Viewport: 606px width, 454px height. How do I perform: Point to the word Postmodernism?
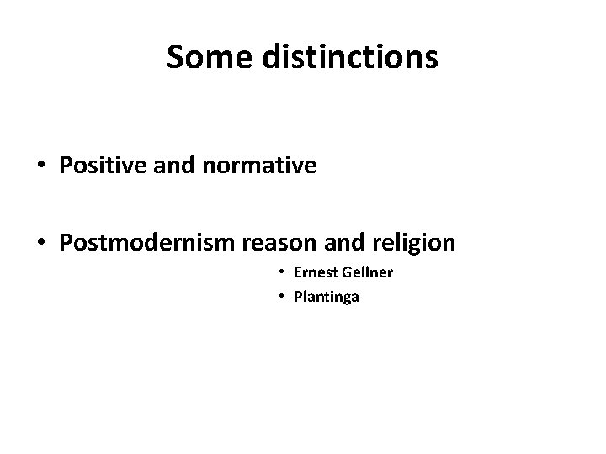click(147, 243)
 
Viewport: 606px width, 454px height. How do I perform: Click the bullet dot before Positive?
click(42, 166)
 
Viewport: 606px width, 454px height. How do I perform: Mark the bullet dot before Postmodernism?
click(42, 244)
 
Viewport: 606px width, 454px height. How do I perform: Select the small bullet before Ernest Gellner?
click(283, 274)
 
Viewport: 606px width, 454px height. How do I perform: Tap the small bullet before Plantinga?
click(283, 296)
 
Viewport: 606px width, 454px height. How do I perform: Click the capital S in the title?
click(175, 57)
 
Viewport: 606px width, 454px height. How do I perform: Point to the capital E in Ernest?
click(297, 273)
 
